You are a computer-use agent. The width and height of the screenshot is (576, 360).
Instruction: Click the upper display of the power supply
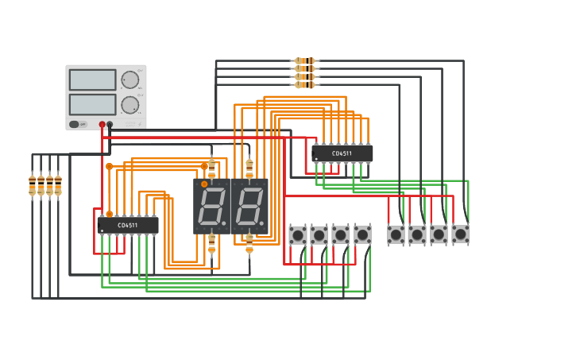(92, 79)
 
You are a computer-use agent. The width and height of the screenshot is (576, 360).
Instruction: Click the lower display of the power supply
(92, 104)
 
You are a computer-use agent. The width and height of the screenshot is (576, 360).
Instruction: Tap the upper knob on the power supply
(130, 79)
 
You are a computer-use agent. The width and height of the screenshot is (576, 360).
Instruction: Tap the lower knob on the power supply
(130, 104)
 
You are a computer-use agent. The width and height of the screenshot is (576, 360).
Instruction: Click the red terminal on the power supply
(102, 125)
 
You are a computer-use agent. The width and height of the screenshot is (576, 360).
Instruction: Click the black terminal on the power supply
(110, 125)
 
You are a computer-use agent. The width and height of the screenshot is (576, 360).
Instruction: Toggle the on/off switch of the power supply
(74, 124)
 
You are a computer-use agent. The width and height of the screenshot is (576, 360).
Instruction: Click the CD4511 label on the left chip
(128, 226)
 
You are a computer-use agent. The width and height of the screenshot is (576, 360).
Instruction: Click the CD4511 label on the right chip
(342, 153)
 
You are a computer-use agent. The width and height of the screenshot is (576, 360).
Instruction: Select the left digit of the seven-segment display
(211, 206)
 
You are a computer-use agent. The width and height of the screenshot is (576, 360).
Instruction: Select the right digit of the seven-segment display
(249, 206)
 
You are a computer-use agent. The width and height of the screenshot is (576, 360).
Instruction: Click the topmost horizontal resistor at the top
(304, 60)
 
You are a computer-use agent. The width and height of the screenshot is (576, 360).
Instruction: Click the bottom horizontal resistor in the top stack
(304, 84)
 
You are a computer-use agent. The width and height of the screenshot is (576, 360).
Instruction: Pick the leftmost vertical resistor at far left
(33, 185)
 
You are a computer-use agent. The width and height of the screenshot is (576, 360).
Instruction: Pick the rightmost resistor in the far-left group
(58, 185)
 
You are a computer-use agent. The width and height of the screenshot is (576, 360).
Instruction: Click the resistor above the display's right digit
(249, 169)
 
